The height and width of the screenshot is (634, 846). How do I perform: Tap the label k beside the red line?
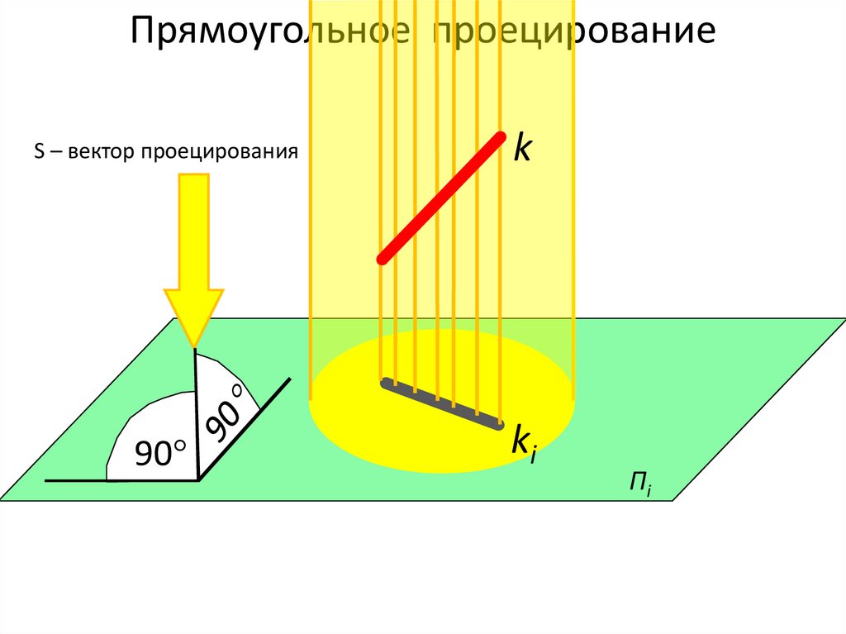pyautogui.click(x=523, y=148)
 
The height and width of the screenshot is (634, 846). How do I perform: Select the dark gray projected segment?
pyautogui.click(x=441, y=405)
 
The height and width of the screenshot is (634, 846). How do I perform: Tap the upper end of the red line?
pyautogui.click(x=499, y=136)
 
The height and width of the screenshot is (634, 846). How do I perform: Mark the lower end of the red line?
pyautogui.click(x=383, y=259)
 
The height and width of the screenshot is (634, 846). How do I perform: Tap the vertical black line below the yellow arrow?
pyautogui.click(x=196, y=413)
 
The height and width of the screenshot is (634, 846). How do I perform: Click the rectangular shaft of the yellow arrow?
pyautogui.click(x=194, y=231)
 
